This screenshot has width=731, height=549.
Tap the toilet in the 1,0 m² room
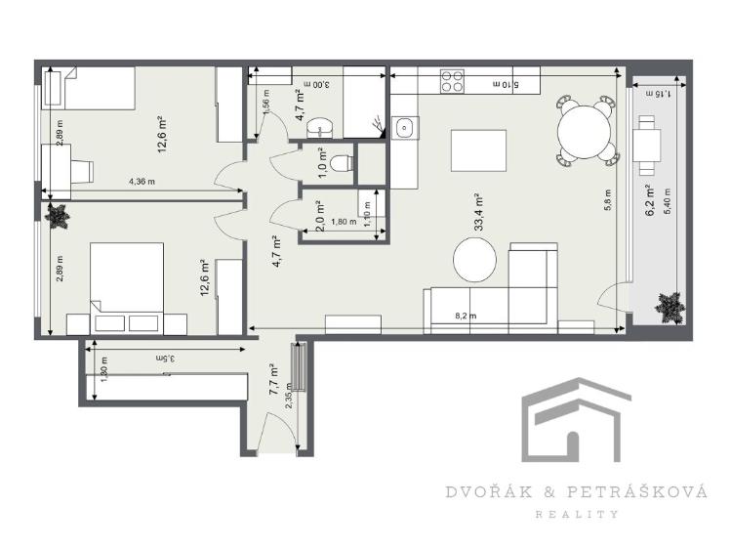(338, 163)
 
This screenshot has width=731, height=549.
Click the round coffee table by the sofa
(475, 260)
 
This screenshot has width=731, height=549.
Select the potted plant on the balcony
(669, 308)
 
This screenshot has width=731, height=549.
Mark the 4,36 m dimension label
(143, 182)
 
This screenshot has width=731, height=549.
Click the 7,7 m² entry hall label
(274, 377)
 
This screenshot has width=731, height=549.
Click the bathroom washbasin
(320, 126)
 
